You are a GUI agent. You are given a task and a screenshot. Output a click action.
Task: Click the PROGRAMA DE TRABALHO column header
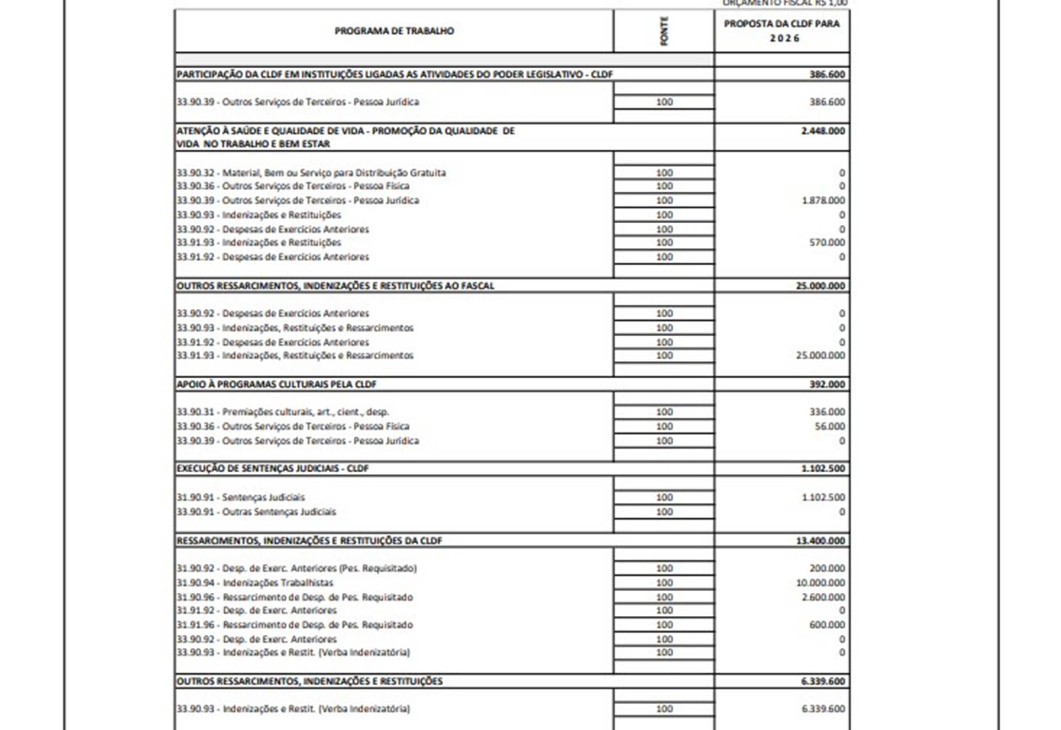394,31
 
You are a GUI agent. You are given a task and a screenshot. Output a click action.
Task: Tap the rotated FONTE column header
664,31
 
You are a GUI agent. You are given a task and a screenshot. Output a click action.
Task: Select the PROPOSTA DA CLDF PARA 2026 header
782,31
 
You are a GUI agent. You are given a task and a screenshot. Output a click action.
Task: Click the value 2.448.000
823,131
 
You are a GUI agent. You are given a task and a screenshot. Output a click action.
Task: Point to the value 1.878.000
823,200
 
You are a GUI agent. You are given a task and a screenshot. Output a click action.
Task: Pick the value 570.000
826,242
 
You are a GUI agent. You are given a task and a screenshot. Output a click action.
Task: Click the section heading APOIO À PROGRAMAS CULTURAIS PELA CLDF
276,384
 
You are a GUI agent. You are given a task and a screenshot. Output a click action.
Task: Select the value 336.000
826,411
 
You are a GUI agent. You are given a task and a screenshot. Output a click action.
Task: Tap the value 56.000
829,426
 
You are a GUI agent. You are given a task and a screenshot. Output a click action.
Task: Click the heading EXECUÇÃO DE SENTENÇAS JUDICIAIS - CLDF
272,468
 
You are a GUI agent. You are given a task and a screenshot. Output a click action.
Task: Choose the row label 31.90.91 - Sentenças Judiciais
240,497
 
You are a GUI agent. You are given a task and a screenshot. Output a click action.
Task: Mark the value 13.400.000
820,541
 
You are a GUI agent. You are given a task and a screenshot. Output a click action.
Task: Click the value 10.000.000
821,583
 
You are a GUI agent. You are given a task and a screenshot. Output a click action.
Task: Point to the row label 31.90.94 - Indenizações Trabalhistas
255,583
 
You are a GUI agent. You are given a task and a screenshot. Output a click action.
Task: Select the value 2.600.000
823,597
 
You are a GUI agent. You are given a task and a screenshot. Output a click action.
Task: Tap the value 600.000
826,624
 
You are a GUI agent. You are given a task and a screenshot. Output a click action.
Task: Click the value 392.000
826,384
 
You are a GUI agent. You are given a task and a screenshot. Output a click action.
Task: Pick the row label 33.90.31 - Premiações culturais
283,411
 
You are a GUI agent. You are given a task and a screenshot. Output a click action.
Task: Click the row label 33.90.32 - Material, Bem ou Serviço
311,173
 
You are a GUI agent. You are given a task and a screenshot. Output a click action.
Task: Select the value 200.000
826,568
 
